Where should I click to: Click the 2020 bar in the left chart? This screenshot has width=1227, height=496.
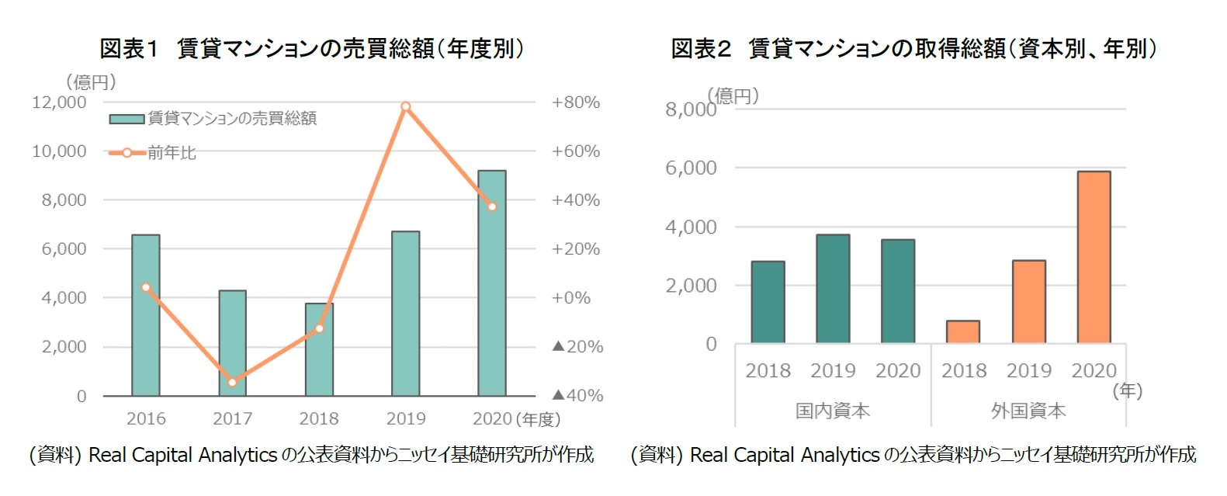[491, 283]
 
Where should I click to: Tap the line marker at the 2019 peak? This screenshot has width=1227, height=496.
[405, 106]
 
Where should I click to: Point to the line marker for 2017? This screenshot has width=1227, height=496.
[232, 382]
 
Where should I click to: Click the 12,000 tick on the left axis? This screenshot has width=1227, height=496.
[59, 102]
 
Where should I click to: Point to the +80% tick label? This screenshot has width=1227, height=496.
[575, 102]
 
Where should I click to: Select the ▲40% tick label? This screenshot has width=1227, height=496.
[577, 396]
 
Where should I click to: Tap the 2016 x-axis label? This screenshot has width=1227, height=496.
[146, 419]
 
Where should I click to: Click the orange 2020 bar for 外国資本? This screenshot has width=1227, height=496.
[1094, 257]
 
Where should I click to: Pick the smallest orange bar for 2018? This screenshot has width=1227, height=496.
[962, 331]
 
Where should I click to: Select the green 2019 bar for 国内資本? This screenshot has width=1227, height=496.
[833, 289]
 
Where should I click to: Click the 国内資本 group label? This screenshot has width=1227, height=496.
[832, 411]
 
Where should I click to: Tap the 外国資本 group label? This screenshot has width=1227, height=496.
[1028, 411]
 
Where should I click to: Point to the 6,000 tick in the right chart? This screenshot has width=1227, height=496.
[691, 168]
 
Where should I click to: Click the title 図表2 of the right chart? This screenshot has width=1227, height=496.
[701, 49]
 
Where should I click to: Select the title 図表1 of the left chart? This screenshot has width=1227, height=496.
[129, 49]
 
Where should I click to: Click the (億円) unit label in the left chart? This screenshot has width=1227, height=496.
[92, 82]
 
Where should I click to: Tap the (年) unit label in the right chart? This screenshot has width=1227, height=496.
[1127, 390]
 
